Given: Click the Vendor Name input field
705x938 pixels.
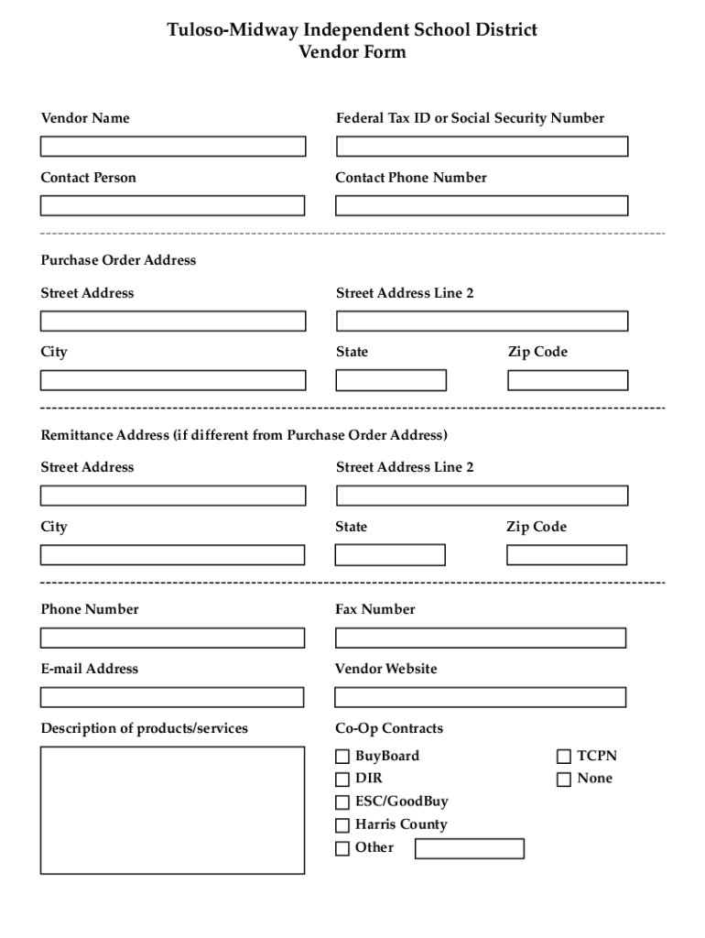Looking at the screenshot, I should (x=173, y=147).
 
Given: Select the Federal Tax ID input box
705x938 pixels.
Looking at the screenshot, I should (x=482, y=147).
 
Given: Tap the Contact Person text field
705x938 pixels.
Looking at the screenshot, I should (x=172, y=206).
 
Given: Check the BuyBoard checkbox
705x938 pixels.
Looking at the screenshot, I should (x=342, y=757).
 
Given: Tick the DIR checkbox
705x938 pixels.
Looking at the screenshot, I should (x=342, y=780).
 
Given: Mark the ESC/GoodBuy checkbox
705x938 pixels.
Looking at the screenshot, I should (x=342, y=802).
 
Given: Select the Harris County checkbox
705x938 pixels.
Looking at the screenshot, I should (x=342, y=825).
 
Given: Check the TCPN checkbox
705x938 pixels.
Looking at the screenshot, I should (x=564, y=757).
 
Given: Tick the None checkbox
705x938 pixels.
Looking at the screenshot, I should (x=564, y=780).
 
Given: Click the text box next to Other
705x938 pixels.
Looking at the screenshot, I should (x=470, y=849).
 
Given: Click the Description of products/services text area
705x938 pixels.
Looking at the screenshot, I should (x=172, y=810).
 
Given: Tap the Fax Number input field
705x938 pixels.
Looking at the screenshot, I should (x=481, y=638).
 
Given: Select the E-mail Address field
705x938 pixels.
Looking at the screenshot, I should (x=172, y=697).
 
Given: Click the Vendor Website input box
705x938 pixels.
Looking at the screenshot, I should (x=481, y=697).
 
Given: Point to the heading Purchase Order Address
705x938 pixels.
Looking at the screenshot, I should (x=118, y=260).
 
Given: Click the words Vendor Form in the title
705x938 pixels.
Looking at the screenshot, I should (x=352, y=53).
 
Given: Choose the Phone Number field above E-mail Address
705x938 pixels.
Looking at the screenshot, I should (x=172, y=638).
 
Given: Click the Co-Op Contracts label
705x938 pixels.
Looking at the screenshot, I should (x=389, y=729).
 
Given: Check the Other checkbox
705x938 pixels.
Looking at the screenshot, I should (x=342, y=848).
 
